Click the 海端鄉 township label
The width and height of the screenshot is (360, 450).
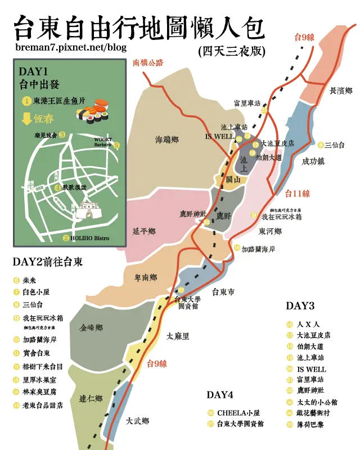pos(167,140)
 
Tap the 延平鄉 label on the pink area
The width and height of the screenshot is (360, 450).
pos(144,231)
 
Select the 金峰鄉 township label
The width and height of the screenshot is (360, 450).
pos(91,328)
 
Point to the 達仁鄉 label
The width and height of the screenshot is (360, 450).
pos(91,399)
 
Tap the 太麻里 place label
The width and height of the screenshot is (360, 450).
pos(178,336)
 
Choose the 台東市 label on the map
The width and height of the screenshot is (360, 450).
pos(223,292)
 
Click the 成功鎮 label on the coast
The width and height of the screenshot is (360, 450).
pos(314,161)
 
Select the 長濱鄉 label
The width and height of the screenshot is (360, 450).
pos(340,91)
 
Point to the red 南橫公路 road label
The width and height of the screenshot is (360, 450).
pos(148,62)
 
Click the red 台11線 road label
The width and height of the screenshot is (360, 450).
pos(298,194)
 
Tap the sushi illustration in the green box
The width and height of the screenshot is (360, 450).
pos(93,111)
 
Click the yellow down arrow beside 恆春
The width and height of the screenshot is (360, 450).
pos(25,119)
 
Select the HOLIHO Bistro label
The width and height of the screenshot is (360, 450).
pos(90,238)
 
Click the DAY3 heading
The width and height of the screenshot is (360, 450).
pos(300,306)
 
